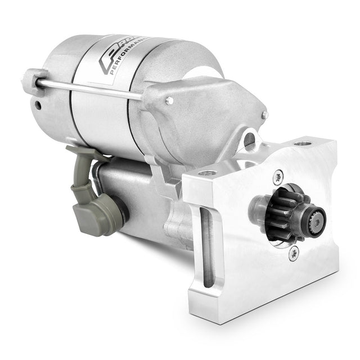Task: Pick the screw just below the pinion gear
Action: point(292,254)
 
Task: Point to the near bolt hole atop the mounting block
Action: point(208,173)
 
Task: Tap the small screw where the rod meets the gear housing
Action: point(169,101)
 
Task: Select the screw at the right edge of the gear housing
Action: point(265,115)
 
